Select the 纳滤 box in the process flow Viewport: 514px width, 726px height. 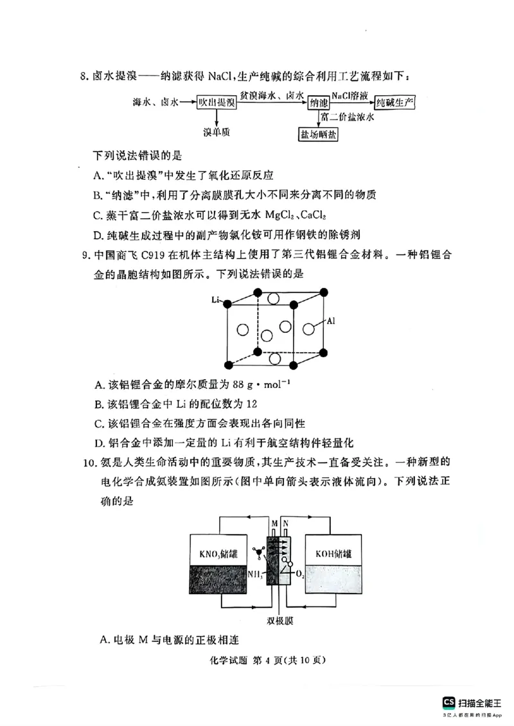click(x=318, y=103)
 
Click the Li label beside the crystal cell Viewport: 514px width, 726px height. click(x=216, y=300)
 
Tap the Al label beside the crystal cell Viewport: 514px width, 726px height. click(x=332, y=320)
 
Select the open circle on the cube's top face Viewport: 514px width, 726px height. click(x=274, y=299)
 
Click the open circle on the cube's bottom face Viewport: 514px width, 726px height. click(x=275, y=359)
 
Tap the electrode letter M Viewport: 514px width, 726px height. click(x=274, y=524)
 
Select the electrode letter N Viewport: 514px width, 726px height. click(x=285, y=524)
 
